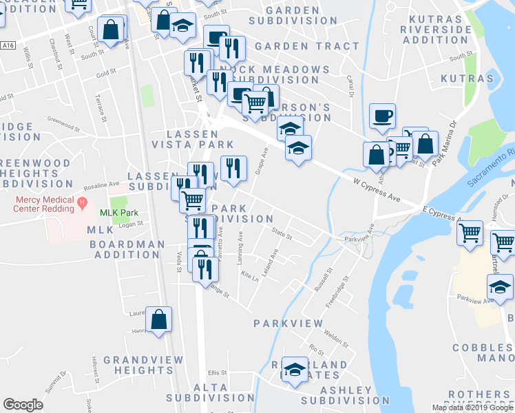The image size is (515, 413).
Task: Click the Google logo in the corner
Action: (x=23, y=405)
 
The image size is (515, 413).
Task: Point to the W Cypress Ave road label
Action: (x=376, y=186)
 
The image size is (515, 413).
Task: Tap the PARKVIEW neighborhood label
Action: (x=288, y=323)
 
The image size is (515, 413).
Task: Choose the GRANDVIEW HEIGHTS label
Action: (x=143, y=365)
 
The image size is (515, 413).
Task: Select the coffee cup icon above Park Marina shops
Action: (x=382, y=115)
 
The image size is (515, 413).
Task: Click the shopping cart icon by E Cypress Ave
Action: (x=470, y=233)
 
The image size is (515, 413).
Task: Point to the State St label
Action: (x=282, y=235)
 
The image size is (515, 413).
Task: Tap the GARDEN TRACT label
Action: (x=306, y=46)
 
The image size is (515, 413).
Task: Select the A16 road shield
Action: (x=8, y=45)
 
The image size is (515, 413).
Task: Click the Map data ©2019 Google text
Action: (x=472, y=407)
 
